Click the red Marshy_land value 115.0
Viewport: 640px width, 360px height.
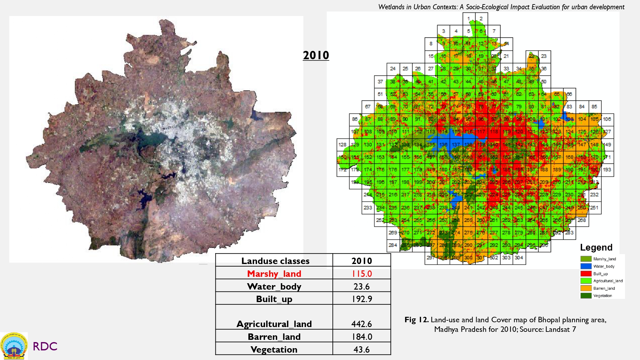tap(362, 274)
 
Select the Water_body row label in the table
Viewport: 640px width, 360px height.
tap(274, 286)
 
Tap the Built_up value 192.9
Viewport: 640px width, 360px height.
tap(362, 299)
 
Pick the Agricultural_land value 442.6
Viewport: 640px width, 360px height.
tap(362, 324)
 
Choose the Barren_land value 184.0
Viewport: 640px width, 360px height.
tap(362, 337)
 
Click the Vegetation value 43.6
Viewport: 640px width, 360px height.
tap(362, 349)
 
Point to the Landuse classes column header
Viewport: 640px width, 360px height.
tap(275, 261)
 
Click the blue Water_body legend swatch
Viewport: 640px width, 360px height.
tap(586, 266)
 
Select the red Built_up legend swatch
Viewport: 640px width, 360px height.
tap(586, 274)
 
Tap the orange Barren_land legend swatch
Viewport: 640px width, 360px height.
tap(586, 288)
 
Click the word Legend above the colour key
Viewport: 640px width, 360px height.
tap(596, 247)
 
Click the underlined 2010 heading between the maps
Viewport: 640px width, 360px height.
tap(316, 55)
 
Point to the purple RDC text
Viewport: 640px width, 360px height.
tap(45, 346)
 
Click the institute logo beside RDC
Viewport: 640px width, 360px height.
tap(14, 346)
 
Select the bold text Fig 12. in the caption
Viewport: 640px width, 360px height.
tap(416, 320)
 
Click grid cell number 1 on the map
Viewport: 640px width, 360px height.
tap(469, 19)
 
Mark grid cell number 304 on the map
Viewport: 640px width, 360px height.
tap(519, 258)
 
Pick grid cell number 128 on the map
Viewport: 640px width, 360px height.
tap(342, 145)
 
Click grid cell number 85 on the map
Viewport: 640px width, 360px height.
tap(594, 107)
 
